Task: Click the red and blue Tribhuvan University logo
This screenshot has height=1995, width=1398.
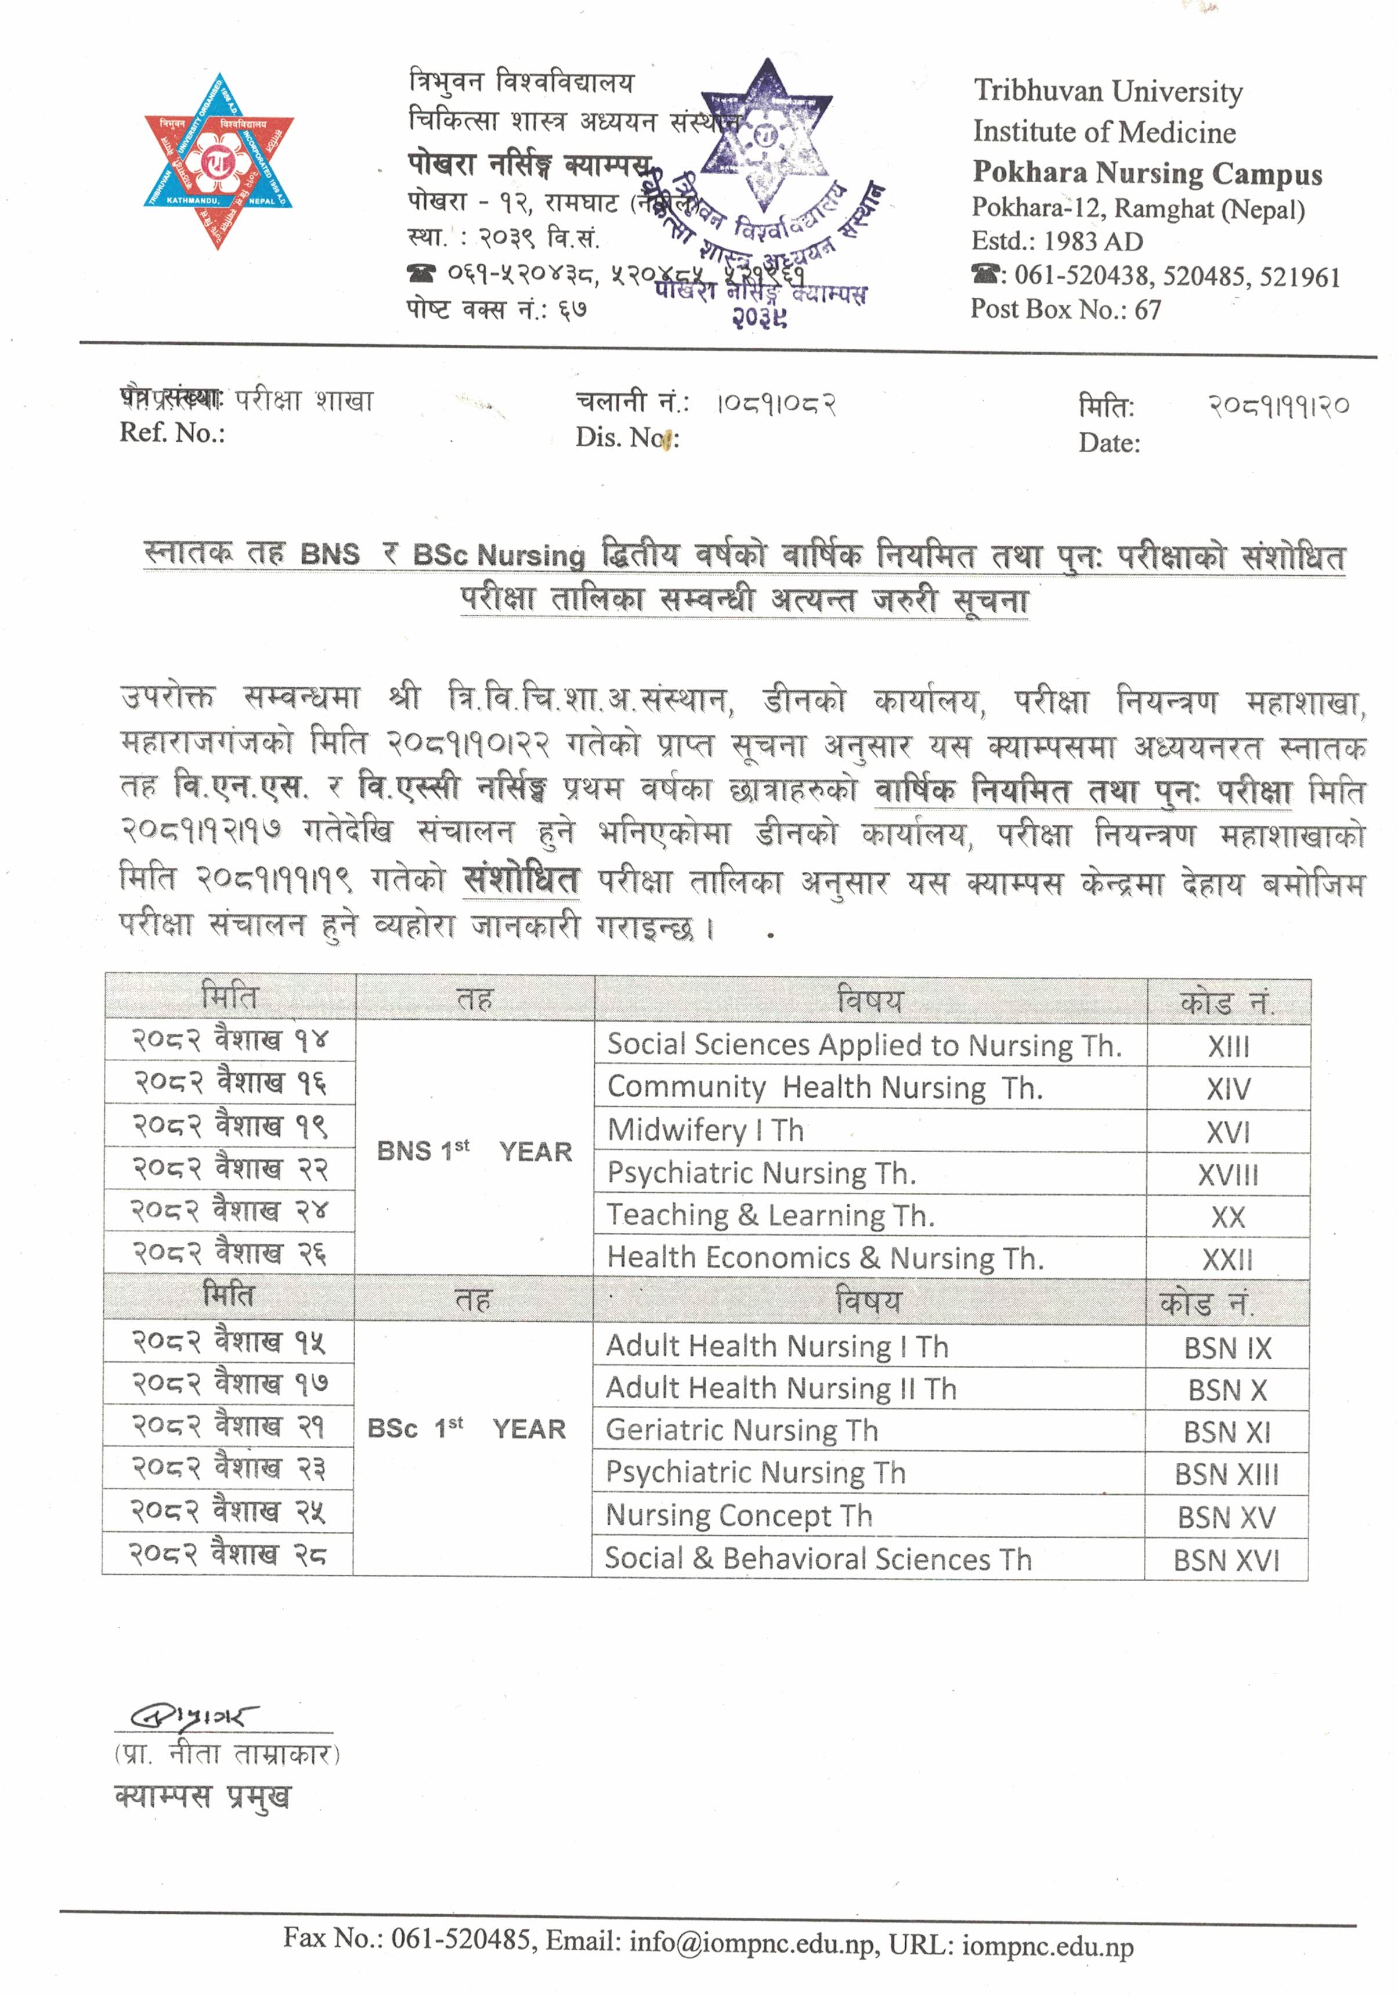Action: click(218, 161)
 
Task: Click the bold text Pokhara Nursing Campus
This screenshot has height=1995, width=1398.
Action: click(1147, 173)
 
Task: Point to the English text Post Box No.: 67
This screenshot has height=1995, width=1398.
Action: click(1065, 309)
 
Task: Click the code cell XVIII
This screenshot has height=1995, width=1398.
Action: click(1228, 1175)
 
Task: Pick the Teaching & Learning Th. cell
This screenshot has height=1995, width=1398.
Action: click(771, 1215)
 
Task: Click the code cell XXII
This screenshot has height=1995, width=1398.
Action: click(1228, 1259)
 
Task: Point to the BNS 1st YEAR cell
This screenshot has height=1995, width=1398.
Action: click(474, 1151)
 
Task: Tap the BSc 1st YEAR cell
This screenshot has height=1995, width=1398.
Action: click(467, 1428)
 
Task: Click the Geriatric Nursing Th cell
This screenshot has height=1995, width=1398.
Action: click(742, 1430)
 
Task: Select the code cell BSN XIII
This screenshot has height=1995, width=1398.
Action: click(1227, 1474)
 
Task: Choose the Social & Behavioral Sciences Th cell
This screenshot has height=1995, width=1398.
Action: click(818, 1559)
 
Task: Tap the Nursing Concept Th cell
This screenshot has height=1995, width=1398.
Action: click(739, 1516)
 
